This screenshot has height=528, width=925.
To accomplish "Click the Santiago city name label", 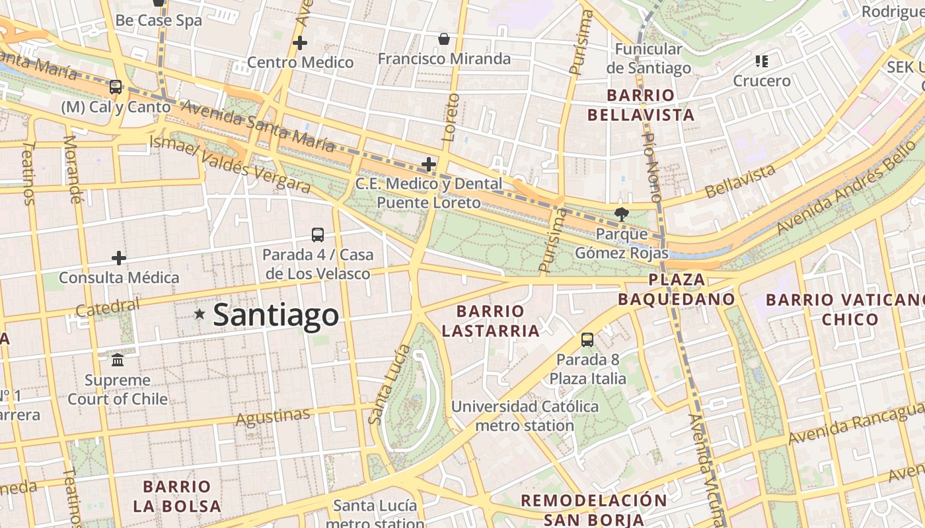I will click(x=276, y=315).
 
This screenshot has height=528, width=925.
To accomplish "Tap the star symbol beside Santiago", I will click(x=200, y=314).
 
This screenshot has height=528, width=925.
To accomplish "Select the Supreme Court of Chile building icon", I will click(x=118, y=360).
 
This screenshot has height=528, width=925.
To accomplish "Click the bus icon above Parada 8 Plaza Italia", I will click(x=587, y=340).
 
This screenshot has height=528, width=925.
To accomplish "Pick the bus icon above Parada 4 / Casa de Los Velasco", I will click(x=318, y=234).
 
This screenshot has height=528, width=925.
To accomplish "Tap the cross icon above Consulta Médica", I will click(x=119, y=257).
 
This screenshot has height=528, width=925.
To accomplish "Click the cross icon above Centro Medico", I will click(x=300, y=43).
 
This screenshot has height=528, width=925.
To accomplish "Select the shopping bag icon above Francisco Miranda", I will click(x=444, y=39).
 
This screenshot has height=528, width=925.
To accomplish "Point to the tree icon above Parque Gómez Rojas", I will click(x=621, y=214).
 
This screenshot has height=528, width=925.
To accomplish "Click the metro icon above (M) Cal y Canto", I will click(x=116, y=86).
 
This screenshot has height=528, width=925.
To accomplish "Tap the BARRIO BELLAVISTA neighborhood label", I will click(x=641, y=105).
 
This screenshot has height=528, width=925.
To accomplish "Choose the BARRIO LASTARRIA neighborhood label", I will click(x=491, y=321).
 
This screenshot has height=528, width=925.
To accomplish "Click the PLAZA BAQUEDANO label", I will click(x=677, y=289).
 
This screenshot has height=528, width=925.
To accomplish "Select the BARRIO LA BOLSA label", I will click(x=177, y=496).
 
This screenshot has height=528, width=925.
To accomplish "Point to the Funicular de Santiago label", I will click(x=648, y=58).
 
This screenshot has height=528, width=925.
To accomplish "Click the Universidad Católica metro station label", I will click(x=525, y=416).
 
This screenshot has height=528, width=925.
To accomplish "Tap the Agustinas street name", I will click(x=273, y=417).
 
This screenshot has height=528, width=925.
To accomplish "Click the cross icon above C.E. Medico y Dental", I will click(x=429, y=164).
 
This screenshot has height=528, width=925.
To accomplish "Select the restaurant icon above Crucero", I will click(x=762, y=61).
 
